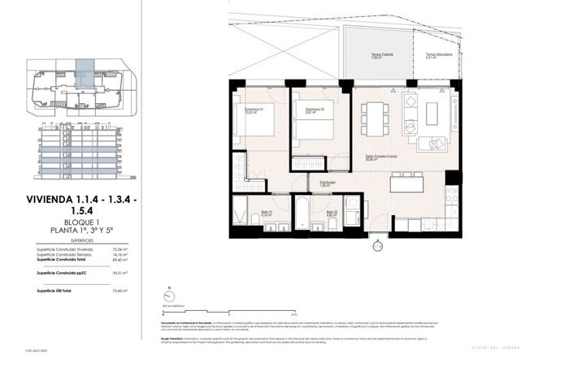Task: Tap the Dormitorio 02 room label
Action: [x=315, y=110]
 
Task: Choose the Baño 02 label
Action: [x=332, y=214]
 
